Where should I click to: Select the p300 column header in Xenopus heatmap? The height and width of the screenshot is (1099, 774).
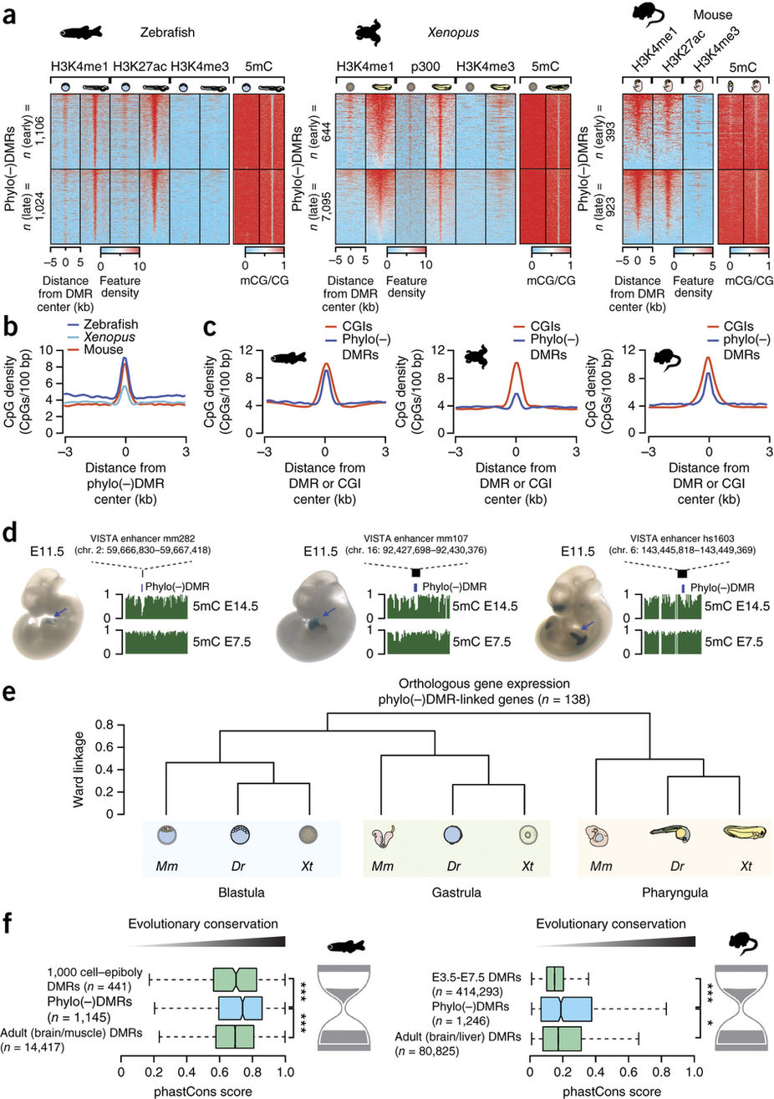pyautogui.click(x=425, y=64)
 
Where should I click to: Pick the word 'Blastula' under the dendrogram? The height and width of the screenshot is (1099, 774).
pyautogui.click(x=217, y=892)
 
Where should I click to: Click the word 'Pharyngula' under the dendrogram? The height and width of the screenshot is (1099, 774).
pyautogui.click(x=672, y=892)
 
